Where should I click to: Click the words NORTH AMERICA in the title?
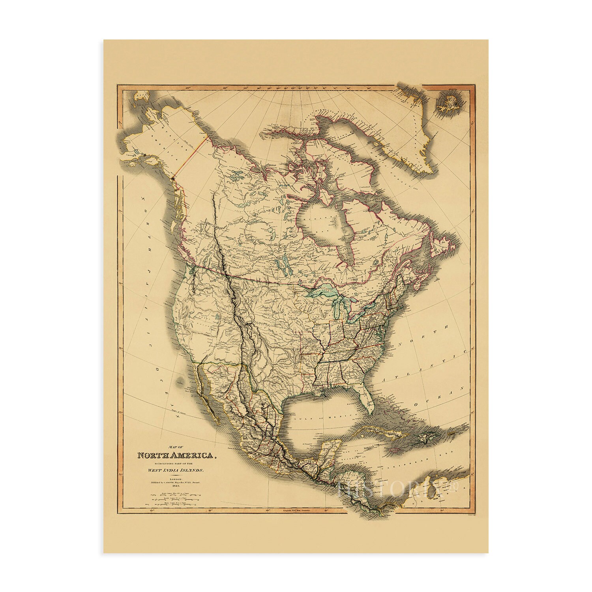click(176, 455)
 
